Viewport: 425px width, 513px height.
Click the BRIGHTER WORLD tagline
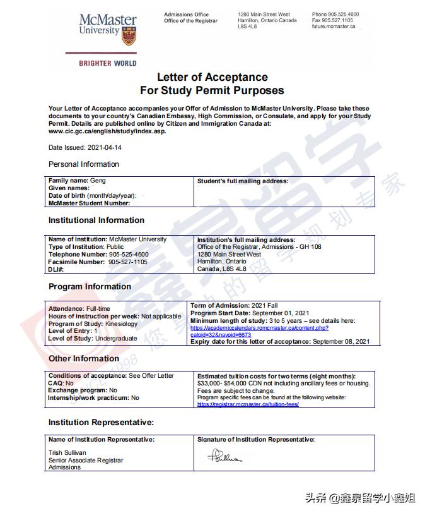coord(107,63)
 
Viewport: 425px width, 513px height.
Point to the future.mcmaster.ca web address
coord(334,27)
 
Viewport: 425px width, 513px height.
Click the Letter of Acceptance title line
coord(212,77)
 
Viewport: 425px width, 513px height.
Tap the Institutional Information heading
coord(96,220)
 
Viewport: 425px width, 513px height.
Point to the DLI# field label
coord(56,269)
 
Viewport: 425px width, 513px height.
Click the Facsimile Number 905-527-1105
coord(127,262)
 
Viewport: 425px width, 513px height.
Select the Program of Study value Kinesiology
coord(120,323)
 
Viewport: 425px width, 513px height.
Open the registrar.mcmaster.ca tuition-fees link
coord(248,404)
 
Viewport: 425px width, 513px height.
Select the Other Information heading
coord(84,359)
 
